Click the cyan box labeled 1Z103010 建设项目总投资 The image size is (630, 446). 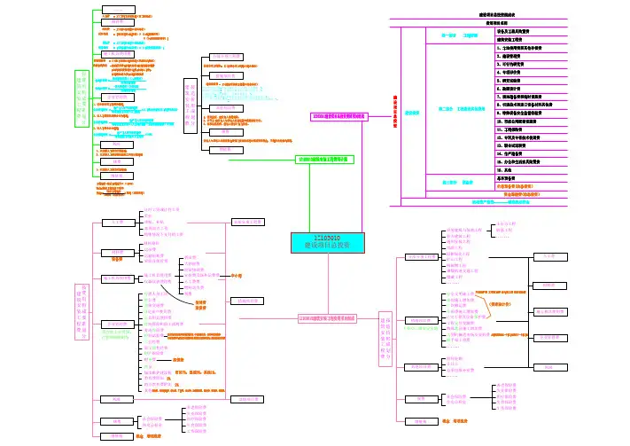coord(323,242)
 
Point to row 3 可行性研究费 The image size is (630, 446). coord(514,65)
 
